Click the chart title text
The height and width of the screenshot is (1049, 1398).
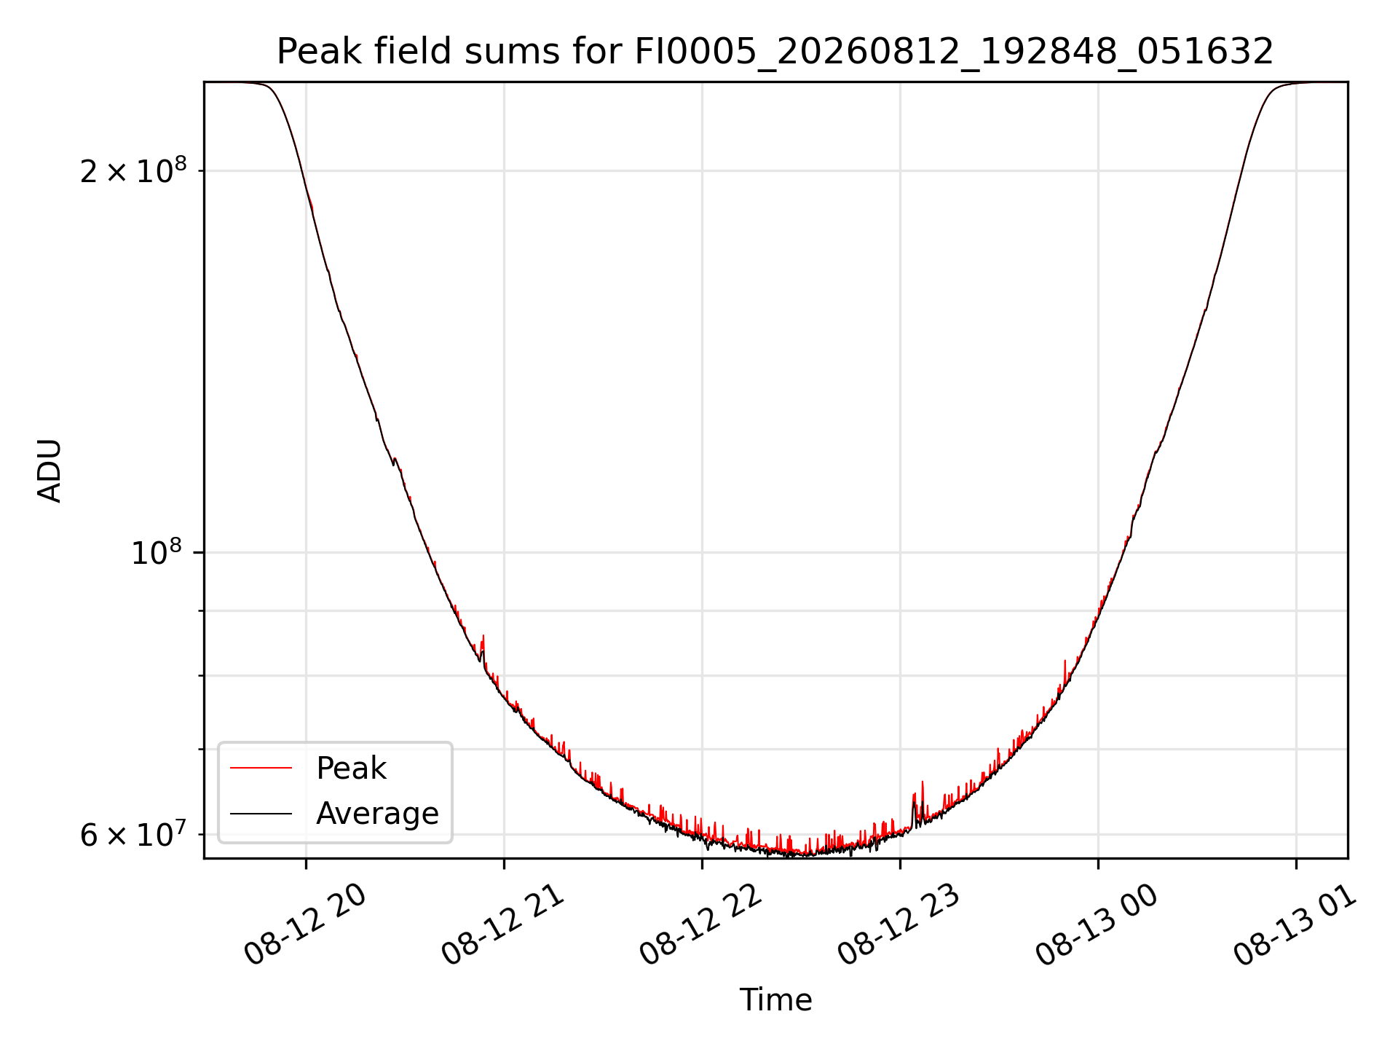pos(775,52)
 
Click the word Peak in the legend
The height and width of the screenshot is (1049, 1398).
pos(351,769)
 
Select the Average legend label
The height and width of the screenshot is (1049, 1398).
pos(377,814)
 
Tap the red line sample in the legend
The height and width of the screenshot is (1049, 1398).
pos(261,768)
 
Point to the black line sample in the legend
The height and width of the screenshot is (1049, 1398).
pos(261,813)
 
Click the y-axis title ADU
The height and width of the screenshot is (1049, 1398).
pos(50,471)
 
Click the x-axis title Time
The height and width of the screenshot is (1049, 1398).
pos(775,1000)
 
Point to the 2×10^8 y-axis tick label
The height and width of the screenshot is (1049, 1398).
pos(133,170)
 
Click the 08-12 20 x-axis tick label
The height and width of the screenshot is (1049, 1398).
pos(305,927)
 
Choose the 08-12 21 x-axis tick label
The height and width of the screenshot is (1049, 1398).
pos(503,927)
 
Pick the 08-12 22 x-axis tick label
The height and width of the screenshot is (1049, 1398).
pos(701,927)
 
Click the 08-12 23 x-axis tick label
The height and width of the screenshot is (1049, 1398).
pos(899,927)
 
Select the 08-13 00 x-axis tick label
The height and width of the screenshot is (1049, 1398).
pos(1097,927)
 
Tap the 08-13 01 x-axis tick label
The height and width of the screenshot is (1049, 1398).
pos(1295,927)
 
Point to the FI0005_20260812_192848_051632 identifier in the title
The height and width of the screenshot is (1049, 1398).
pos(954,52)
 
